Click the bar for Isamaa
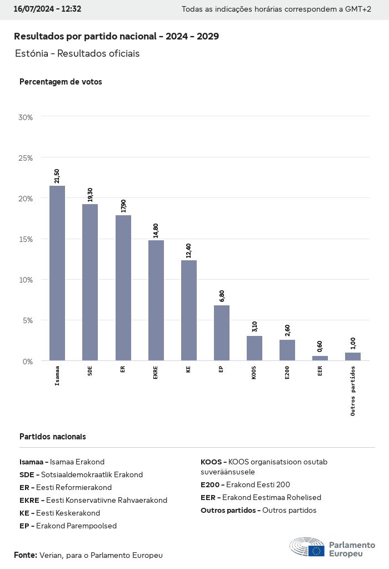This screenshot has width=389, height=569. coord(57,273)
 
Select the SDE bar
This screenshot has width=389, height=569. coord(90,282)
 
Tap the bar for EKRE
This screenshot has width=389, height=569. coord(156,300)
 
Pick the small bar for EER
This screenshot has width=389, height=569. coord(320,358)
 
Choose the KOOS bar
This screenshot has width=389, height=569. coord(255,348)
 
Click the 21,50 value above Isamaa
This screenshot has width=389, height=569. coord(57,176)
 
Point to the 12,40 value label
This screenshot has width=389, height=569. coord(189,250)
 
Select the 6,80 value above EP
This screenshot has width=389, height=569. coord(222,296)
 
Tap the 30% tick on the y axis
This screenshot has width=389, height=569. coord(26,117)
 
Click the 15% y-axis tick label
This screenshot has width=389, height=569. coord(26,239)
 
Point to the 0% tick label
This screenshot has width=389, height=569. coord(28,361)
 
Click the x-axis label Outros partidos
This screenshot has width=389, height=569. coord(353,390)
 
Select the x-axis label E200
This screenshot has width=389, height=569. coord(287,373)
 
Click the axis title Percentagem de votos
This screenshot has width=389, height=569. coord(61,82)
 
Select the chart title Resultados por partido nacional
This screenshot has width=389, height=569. coord(116,36)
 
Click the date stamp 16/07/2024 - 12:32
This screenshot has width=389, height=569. coord(47,9)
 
